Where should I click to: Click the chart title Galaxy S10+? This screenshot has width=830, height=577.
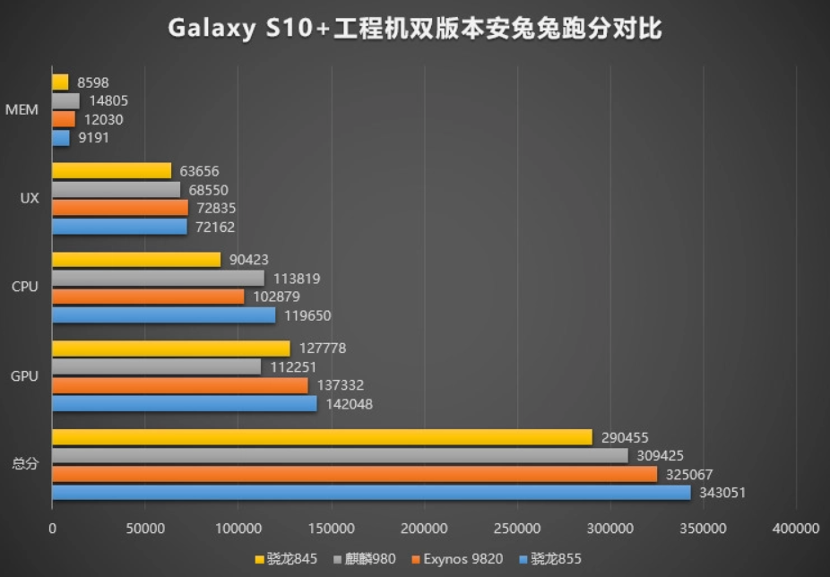(x=414, y=29)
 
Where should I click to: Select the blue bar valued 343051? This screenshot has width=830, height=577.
(x=371, y=493)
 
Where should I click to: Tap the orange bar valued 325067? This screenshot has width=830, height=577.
(x=354, y=474)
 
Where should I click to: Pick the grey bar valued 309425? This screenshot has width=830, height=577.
(x=340, y=455)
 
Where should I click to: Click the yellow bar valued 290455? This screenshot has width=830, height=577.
(x=322, y=437)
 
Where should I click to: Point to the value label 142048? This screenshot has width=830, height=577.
(x=350, y=404)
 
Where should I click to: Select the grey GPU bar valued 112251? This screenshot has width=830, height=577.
(x=156, y=366)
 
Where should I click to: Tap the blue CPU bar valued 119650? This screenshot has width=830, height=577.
(x=163, y=315)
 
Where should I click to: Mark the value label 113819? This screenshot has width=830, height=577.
(x=297, y=279)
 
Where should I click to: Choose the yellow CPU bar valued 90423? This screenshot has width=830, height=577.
(x=136, y=260)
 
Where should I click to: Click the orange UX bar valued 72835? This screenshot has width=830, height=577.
(x=119, y=208)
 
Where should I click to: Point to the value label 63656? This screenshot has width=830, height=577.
(x=199, y=171)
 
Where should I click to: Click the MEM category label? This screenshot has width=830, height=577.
(x=22, y=110)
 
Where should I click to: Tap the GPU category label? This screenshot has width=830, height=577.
(x=24, y=376)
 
